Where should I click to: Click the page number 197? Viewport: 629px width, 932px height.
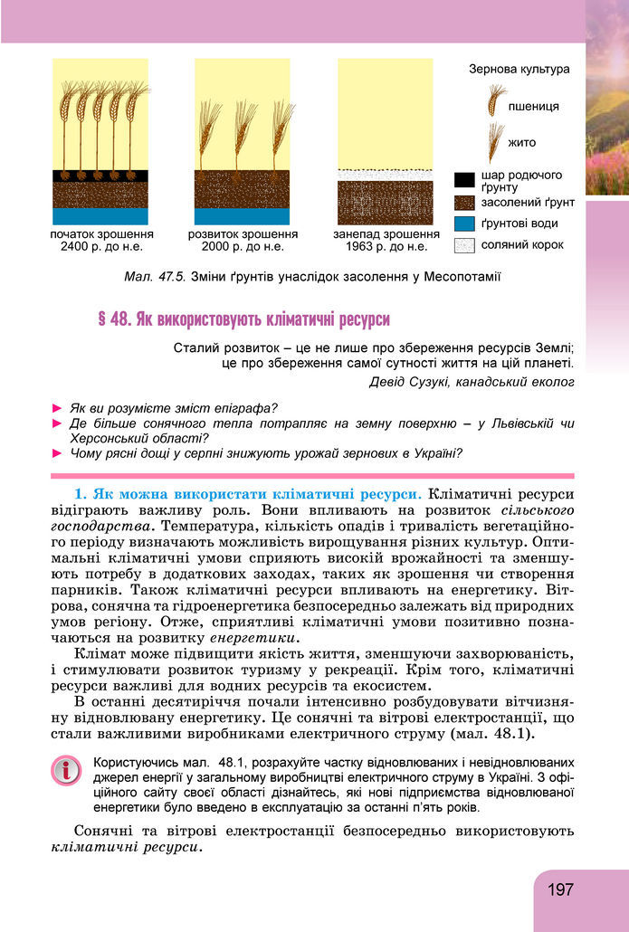click(x=560, y=889)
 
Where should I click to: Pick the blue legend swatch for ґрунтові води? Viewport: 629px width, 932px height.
click(x=464, y=223)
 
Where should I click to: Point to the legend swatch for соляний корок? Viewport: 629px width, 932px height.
click(x=464, y=244)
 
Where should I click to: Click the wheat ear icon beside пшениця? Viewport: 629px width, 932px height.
click(x=496, y=100)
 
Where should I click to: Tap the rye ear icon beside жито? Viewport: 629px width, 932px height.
click(x=495, y=139)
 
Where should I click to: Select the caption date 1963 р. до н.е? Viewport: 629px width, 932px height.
click(x=381, y=245)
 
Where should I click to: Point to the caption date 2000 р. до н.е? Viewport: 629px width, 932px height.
click(x=242, y=245)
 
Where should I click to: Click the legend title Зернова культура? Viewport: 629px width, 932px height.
click(x=519, y=69)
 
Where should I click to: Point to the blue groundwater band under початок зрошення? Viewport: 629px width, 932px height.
click(x=100, y=216)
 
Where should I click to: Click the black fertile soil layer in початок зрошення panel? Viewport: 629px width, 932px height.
click(x=100, y=176)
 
